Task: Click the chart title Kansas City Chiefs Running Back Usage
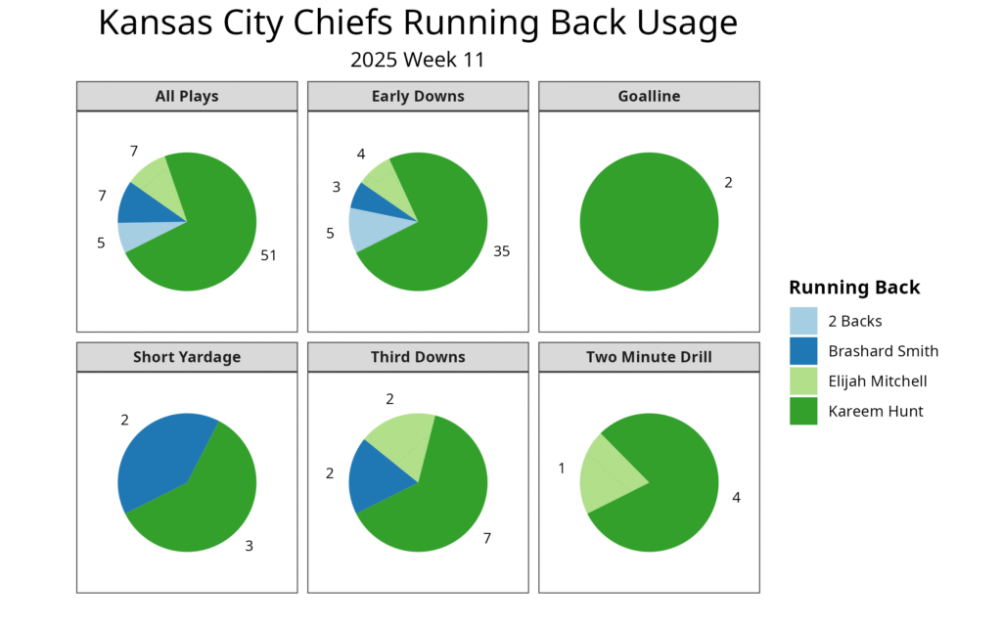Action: pyautogui.click(x=418, y=23)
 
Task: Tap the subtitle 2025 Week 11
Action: pyautogui.click(x=418, y=60)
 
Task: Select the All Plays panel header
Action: pyautogui.click(x=187, y=96)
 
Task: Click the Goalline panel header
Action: pyautogui.click(x=649, y=96)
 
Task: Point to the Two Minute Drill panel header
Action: pyautogui.click(x=649, y=357)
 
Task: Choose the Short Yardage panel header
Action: pyautogui.click(x=187, y=357)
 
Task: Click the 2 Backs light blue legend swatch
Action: pyautogui.click(x=803, y=321)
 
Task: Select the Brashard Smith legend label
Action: pyautogui.click(x=883, y=351)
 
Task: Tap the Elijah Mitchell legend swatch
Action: pyautogui.click(x=803, y=381)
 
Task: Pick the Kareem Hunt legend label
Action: pyautogui.click(x=875, y=412)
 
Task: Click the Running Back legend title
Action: pyautogui.click(x=854, y=288)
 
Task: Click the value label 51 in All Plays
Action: pyautogui.click(x=268, y=255)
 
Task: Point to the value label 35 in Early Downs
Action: pyautogui.click(x=501, y=251)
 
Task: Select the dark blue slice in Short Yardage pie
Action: pyautogui.click(x=161, y=460)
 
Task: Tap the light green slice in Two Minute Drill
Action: pyautogui.click(x=607, y=479)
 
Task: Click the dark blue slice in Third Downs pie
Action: pyautogui.click(x=377, y=476)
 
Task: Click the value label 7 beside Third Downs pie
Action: pyautogui.click(x=487, y=539)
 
